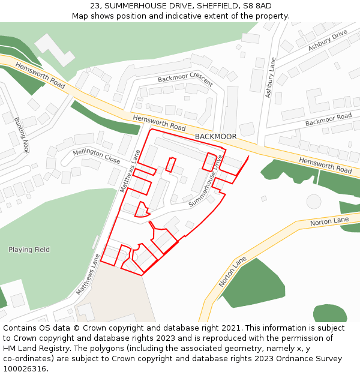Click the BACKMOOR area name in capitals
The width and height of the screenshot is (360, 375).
pos(215,137)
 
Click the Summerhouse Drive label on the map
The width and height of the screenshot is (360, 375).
pos(206,181)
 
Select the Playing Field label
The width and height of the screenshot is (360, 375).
pos(29,250)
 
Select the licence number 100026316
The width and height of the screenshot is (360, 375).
pos(25,368)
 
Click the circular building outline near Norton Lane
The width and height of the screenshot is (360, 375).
pos(314,201)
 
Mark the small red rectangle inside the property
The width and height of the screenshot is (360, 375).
pos(171,164)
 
